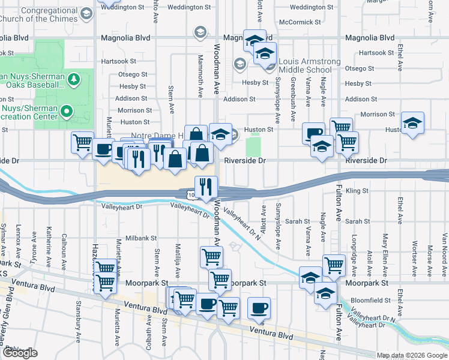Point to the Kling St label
click(x=357, y=191)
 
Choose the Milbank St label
click(x=140, y=238)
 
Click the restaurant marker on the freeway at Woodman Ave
click(x=205, y=187)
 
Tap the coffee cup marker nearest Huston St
click(x=313, y=134)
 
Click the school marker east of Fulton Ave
click(x=412, y=124)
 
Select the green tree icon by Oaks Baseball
click(x=73, y=79)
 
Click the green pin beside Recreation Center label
click(x=67, y=111)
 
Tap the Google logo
click(x=20, y=353)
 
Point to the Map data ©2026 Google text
click(x=412, y=355)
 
